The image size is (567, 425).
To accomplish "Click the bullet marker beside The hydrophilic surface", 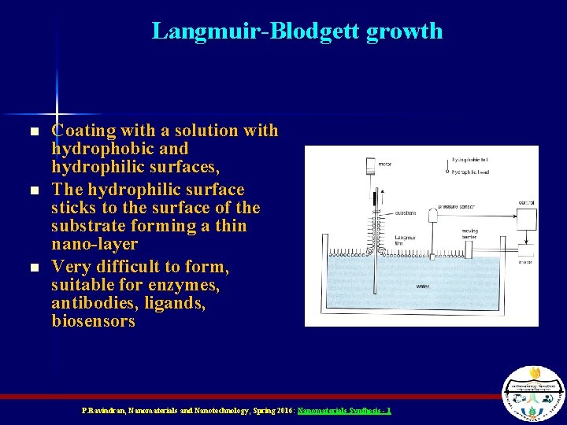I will [33, 191].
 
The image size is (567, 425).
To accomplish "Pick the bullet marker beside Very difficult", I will [33, 268].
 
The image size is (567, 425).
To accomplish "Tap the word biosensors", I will [93, 322].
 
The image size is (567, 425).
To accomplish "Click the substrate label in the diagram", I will [406, 213].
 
